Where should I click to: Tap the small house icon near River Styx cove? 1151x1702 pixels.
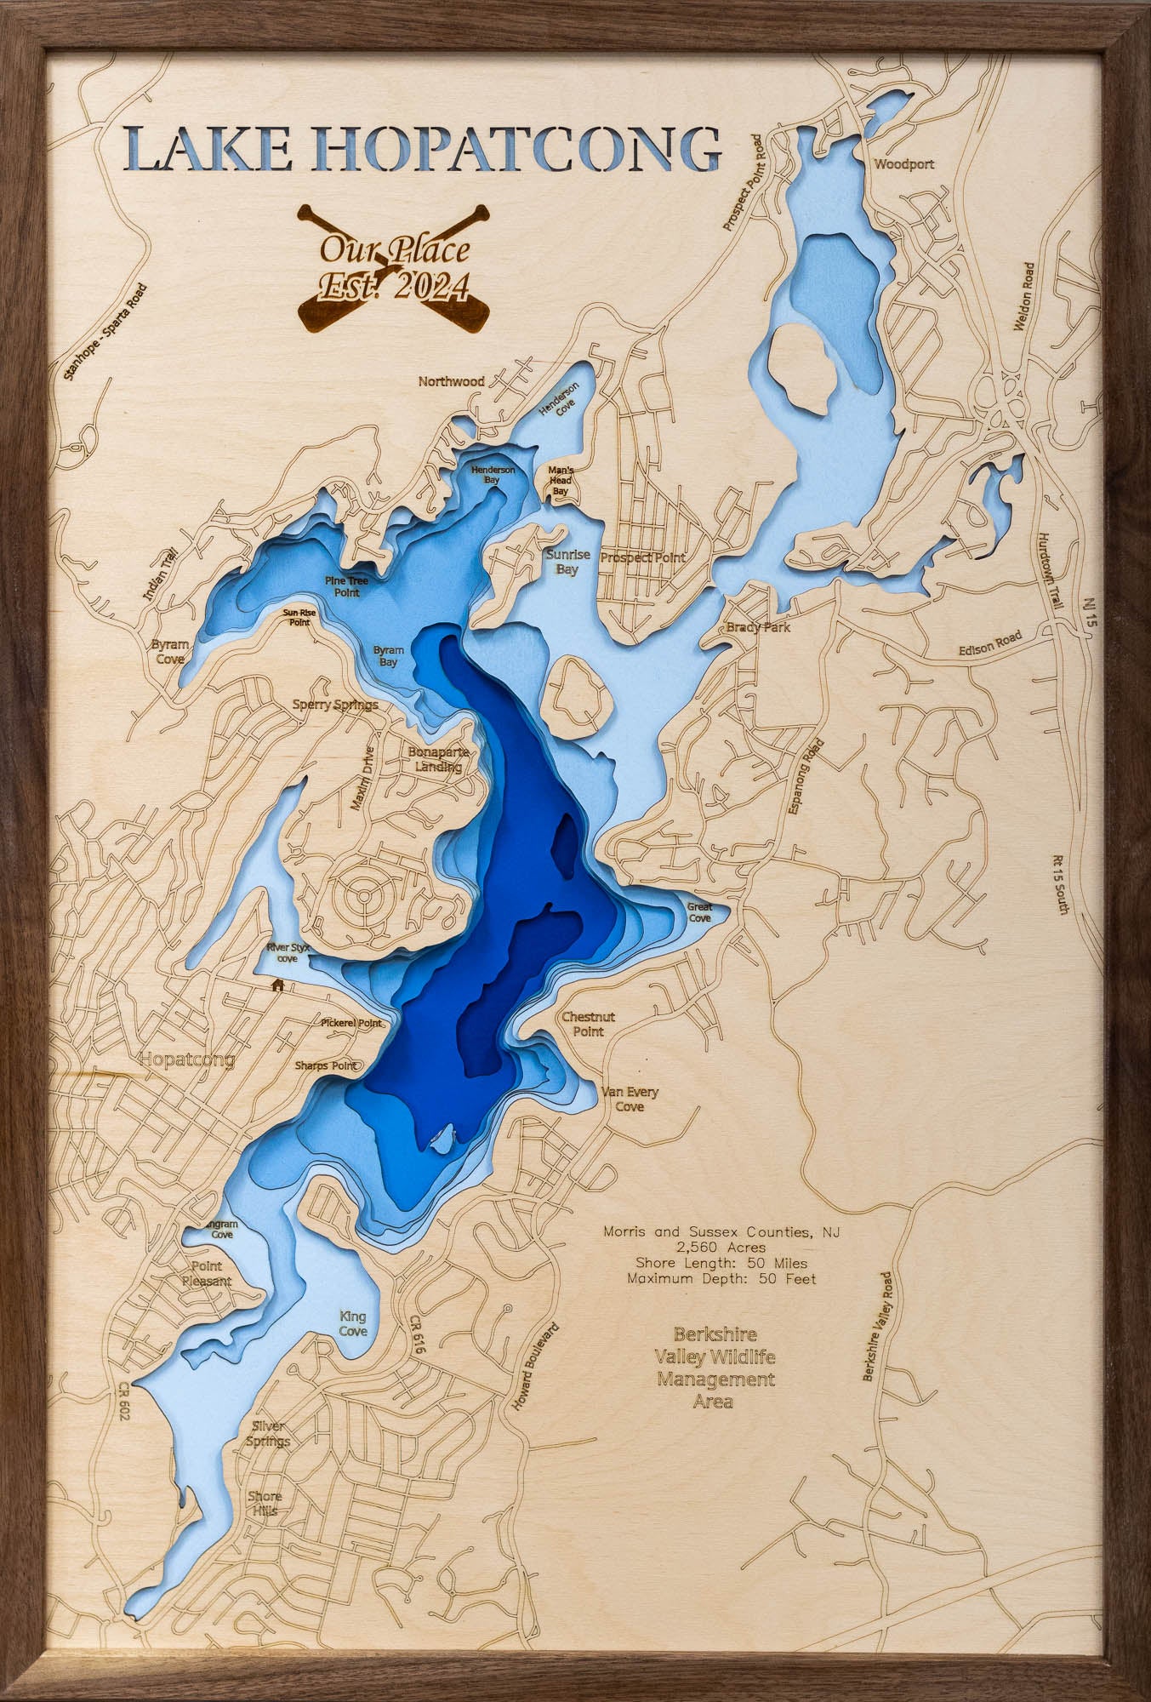[x=276, y=985]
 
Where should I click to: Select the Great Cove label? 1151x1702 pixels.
[x=699, y=912]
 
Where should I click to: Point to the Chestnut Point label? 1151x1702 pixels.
[x=588, y=1024]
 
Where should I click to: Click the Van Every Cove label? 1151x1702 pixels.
[x=630, y=1099]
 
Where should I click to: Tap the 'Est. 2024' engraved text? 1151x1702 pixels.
[x=393, y=284]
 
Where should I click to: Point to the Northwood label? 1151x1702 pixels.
[x=451, y=381]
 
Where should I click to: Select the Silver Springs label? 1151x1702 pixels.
[x=268, y=1434]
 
